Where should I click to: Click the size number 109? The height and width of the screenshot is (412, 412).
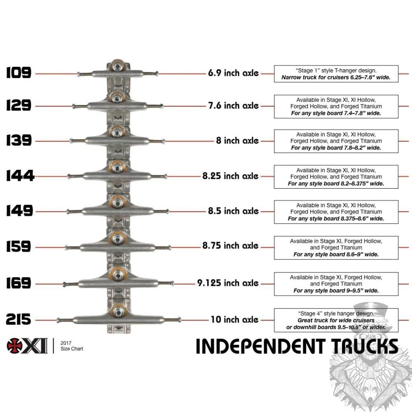(19, 73)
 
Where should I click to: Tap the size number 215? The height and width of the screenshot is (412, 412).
(19, 319)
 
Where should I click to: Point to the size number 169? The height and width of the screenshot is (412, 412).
(19, 283)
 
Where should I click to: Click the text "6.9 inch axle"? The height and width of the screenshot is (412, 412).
(233, 73)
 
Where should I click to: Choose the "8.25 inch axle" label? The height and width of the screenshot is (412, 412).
(230, 176)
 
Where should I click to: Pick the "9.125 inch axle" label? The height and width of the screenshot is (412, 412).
(227, 283)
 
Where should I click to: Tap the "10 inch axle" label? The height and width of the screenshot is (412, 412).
(234, 319)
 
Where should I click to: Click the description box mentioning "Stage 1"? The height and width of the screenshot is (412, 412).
(336, 74)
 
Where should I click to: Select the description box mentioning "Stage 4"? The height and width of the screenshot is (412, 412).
(336, 320)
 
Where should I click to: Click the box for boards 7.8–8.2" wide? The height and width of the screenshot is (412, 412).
(336, 141)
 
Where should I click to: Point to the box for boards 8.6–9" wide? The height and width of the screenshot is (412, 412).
(336, 248)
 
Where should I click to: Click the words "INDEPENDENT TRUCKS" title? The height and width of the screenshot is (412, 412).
(297, 346)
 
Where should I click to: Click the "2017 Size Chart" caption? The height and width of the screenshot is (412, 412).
(71, 346)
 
